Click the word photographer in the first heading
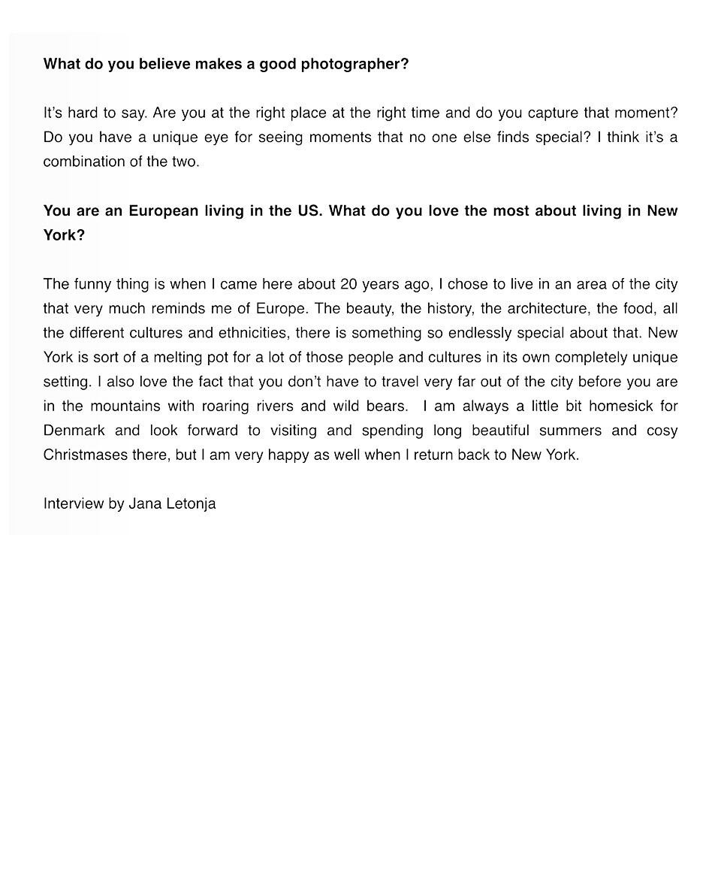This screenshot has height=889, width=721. (354, 65)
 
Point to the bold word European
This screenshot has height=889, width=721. (163, 211)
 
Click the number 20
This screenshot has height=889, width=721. (348, 284)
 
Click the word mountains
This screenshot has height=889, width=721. (125, 407)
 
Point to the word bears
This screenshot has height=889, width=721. (385, 407)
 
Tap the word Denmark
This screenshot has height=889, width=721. (74, 431)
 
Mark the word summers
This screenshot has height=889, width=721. (570, 431)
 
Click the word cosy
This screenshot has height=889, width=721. (662, 431)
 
